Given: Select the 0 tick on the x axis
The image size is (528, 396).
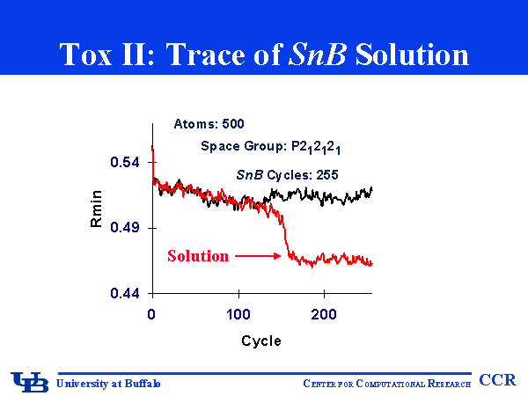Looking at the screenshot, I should pyautogui.click(x=153, y=314).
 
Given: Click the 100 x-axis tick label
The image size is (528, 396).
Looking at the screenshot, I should pyautogui.click(x=239, y=314).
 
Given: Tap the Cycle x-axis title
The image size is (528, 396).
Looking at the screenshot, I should pyautogui.click(x=261, y=341).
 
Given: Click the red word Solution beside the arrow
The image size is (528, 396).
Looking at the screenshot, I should pyautogui.click(x=198, y=256).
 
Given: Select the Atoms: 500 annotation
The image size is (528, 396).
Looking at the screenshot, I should pyautogui.click(x=209, y=124).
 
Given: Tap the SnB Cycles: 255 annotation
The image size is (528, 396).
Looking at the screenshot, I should pyautogui.click(x=288, y=174).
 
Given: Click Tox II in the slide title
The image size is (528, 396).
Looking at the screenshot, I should pyautogui.click(x=96, y=55).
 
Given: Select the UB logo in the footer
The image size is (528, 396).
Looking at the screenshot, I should pyautogui.click(x=30, y=381).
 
